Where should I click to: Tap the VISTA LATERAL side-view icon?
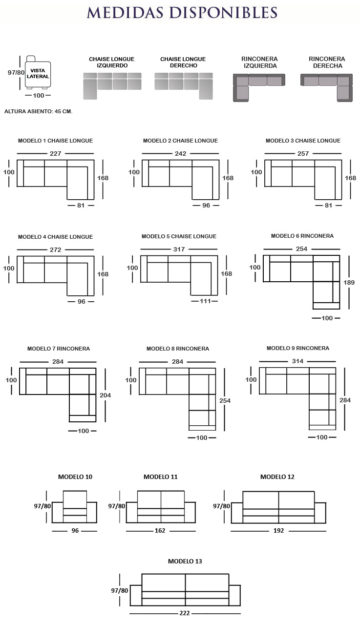[x=38, y=72]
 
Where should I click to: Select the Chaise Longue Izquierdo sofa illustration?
[x=112, y=86]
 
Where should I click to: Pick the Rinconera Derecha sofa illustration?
[x=326, y=87]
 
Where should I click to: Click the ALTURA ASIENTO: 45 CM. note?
[x=39, y=111]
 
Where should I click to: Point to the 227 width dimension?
[x=55, y=153]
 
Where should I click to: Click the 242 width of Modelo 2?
[x=181, y=153]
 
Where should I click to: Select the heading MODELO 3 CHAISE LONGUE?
[x=303, y=141]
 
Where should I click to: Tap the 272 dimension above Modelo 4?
[x=55, y=250]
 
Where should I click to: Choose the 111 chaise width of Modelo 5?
[x=205, y=301]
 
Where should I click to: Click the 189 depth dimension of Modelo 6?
[x=349, y=283]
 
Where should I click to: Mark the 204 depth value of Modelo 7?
[x=105, y=395]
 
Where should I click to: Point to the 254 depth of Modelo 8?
[x=225, y=400]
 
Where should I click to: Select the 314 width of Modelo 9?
[x=297, y=361]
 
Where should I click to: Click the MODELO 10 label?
[x=75, y=477]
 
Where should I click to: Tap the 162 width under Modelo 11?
[x=160, y=530]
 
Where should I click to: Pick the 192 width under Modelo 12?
[x=278, y=530]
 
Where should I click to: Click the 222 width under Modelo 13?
[x=185, y=613]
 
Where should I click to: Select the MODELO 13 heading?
[x=185, y=561]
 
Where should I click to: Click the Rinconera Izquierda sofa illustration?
[x=259, y=87]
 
